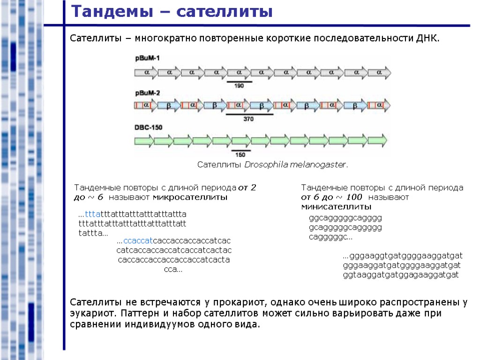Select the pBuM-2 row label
point(147,93)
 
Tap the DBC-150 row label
point(149,127)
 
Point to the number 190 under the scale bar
point(239,86)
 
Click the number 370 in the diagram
point(248,119)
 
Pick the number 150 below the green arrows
point(240,155)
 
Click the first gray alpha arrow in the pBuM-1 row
point(146,73)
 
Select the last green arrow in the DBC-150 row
point(378,140)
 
